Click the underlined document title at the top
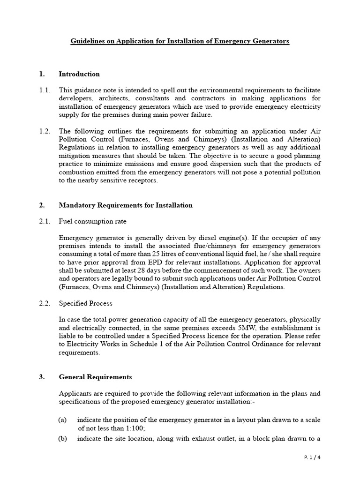pyautogui.click(x=180, y=41)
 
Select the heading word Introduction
pyautogui.click(x=79, y=74)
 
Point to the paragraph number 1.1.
pyautogui.click(x=45, y=90)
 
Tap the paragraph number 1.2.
pyautogui.click(x=45, y=131)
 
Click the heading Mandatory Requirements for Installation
pyautogui.click(x=125, y=205)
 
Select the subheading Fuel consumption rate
pyautogui.click(x=92, y=221)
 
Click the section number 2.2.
pyautogui.click(x=45, y=303)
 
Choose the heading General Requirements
pyautogui.click(x=95, y=377)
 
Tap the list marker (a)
pyautogui.click(x=63, y=420)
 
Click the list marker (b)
pyautogui.click(x=63, y=439)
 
